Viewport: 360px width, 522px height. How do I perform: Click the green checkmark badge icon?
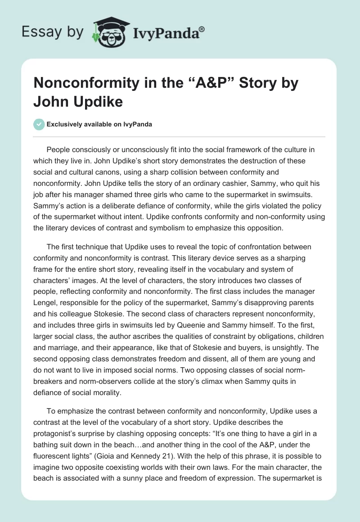coord(39,124)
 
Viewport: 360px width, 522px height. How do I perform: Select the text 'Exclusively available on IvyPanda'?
coord(99,125)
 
